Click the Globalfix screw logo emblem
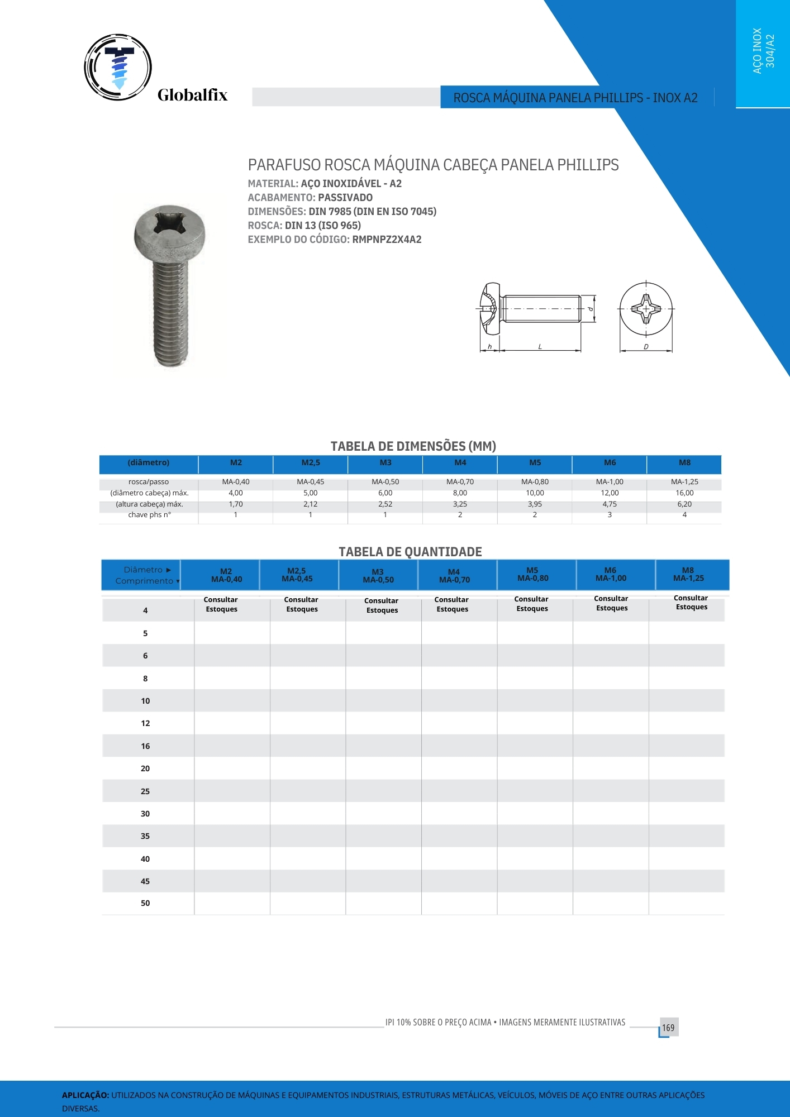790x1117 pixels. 118,67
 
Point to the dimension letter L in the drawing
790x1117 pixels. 540,347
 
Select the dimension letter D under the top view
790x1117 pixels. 646,347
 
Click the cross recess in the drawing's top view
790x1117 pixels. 646,308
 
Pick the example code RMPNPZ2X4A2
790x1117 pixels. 387,240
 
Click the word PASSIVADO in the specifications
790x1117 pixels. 345,198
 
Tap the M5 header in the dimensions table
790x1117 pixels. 535,462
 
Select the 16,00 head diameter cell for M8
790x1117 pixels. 684,493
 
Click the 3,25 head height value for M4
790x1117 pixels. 460,504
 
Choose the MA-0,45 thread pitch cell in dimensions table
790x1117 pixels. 310,482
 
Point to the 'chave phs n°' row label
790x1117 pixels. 149,515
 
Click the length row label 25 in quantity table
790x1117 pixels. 145,791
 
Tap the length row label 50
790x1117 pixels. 145,903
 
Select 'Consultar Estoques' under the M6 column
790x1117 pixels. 611,603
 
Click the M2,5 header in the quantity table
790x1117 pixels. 297,575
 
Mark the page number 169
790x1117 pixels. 668,1028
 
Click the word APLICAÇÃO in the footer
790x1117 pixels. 85,1095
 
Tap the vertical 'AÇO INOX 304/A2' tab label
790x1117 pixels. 763,51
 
